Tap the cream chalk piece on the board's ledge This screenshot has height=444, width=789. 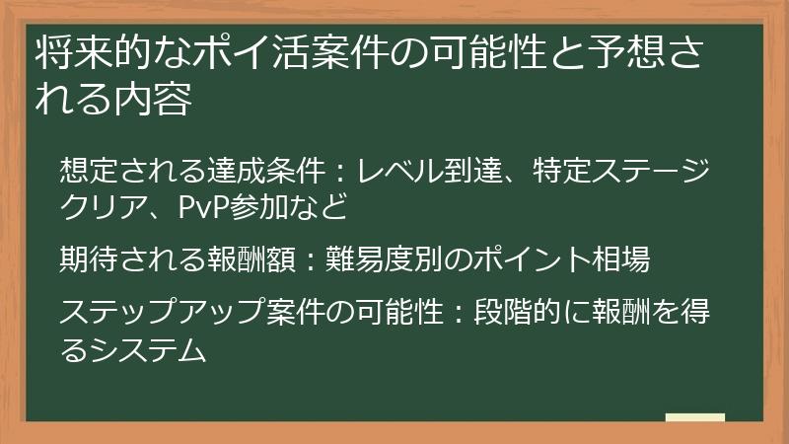[695, 417]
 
